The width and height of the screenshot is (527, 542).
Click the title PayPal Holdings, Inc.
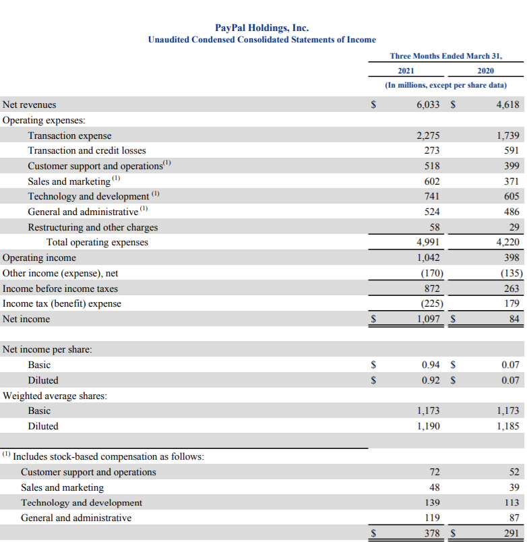pos(261,28)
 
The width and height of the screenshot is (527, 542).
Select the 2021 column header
pos(406,71)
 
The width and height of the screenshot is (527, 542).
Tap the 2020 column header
pos(485,71)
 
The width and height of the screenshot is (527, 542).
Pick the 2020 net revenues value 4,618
pos(507,104)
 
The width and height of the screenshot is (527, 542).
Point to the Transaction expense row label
pos(69,135)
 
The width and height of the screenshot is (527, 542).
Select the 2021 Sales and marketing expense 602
pos(431,181)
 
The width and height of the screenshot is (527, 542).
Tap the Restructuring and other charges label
pos(92,227)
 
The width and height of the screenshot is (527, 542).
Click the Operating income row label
pos(40,258)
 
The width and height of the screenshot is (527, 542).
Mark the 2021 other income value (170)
pos(429,273)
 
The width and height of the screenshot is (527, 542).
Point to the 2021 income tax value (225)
pos(429,303)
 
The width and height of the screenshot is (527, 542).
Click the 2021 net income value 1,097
pos(427,319)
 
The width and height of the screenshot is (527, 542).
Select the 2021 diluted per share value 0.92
pos(430,380)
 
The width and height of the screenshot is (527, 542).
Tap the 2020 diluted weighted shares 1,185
pos(507,426)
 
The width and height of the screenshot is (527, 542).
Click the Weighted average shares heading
pos(55,396)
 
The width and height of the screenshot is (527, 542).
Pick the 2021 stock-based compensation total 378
pos(431,533)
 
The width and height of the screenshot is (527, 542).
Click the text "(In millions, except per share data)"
pos(445,86)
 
